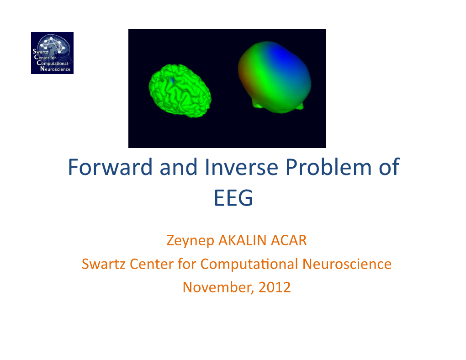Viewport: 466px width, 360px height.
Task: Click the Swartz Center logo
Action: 52,53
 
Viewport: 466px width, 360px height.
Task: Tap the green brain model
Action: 180,90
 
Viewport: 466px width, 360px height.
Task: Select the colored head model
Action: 275,77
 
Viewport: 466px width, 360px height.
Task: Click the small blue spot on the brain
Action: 172,80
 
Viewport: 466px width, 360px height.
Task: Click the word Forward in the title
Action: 110,167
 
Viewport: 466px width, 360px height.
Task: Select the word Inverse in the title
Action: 242,167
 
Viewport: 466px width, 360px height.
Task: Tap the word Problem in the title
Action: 328,167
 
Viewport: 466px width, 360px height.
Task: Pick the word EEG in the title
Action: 233,198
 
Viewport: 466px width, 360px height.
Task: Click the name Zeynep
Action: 190,241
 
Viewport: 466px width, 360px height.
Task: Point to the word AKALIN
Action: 243,240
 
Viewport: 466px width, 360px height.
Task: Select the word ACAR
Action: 289,240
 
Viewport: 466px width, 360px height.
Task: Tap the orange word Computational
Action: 249,264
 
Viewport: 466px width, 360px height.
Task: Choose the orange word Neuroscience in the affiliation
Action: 347,264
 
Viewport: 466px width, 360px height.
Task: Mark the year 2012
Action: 275,287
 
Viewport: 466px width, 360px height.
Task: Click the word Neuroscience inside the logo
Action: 55,69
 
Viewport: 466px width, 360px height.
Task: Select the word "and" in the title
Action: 179,167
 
